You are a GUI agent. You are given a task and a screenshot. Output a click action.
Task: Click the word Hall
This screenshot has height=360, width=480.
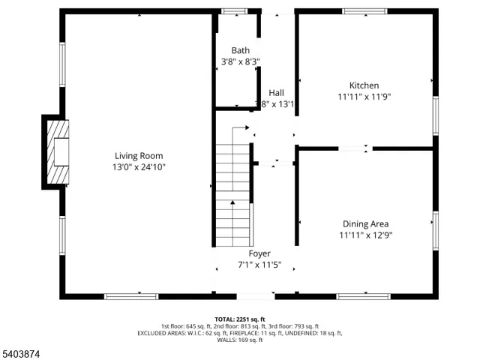(276, 93)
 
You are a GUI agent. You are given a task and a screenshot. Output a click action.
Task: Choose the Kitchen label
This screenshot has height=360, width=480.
(364, 85)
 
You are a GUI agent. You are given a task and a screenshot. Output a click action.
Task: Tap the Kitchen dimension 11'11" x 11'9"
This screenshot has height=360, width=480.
(364, 97)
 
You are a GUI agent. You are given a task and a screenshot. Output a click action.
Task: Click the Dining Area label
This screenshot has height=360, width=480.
(365, 223)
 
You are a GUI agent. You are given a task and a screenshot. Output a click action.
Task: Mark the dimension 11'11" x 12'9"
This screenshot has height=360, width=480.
(365, 235)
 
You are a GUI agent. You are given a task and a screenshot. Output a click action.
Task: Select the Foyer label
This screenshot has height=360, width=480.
(259, 253)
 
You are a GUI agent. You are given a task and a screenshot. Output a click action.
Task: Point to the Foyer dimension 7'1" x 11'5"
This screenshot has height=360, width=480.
(259, 265)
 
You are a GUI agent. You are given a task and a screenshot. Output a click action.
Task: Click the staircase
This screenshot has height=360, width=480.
(233, 187)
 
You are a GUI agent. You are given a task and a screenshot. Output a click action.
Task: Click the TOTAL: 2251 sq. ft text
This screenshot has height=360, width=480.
(240, 319)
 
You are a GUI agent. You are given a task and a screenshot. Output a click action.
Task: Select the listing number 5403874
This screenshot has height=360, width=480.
(22, 350)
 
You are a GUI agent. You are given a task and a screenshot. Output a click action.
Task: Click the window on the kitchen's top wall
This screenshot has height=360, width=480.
(364, 11)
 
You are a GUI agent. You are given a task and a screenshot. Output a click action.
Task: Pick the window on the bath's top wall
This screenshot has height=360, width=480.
(235, 11)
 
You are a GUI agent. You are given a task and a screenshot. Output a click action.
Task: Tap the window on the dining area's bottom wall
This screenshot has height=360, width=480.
(363, 296)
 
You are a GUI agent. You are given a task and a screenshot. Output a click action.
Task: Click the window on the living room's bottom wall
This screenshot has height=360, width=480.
(131, 296)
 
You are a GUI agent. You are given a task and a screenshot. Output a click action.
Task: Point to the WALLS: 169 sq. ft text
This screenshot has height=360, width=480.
(240, 340)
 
